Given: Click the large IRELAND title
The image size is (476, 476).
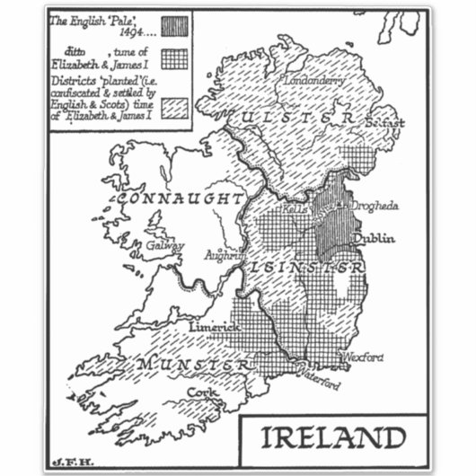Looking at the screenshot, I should tap(333, 438).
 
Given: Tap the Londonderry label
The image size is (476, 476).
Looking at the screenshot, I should tap(315, 80).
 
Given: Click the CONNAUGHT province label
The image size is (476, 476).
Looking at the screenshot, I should tap(181, 198).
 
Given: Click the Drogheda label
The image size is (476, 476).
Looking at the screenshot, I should tap(374, 206).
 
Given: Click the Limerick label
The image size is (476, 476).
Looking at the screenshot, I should tap(215, 329).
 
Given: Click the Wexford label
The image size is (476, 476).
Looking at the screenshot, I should tap(363, 357).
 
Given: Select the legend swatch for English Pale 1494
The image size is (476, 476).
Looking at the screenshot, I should tap(174, 25).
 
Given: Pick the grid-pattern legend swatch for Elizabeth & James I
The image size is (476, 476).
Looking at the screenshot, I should tap(174, 58).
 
